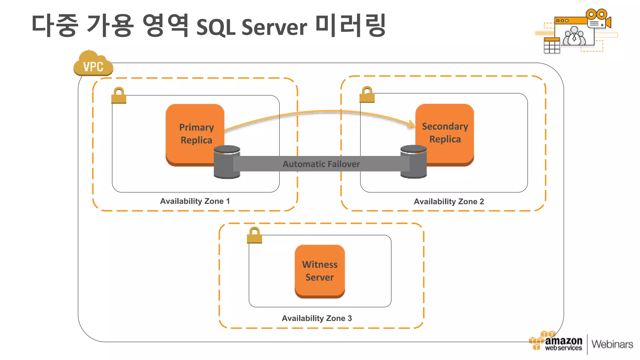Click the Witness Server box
click(x=320, y=271)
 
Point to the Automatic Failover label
click(x=321, y=164)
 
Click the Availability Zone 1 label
click(x=195, y=201)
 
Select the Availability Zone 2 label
click(x=449, y=202)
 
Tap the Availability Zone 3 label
click(x=317, y=318)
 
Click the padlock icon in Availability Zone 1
click(x=119, y=96)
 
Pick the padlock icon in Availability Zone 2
click(x=367, y=95)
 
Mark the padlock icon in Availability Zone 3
click(x=254, y=235)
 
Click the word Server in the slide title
click(x=274, y=27)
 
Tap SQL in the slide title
click(x=216, y=27)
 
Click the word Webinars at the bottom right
click(x=612, y=344)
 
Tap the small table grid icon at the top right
click(x=552, y=46)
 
